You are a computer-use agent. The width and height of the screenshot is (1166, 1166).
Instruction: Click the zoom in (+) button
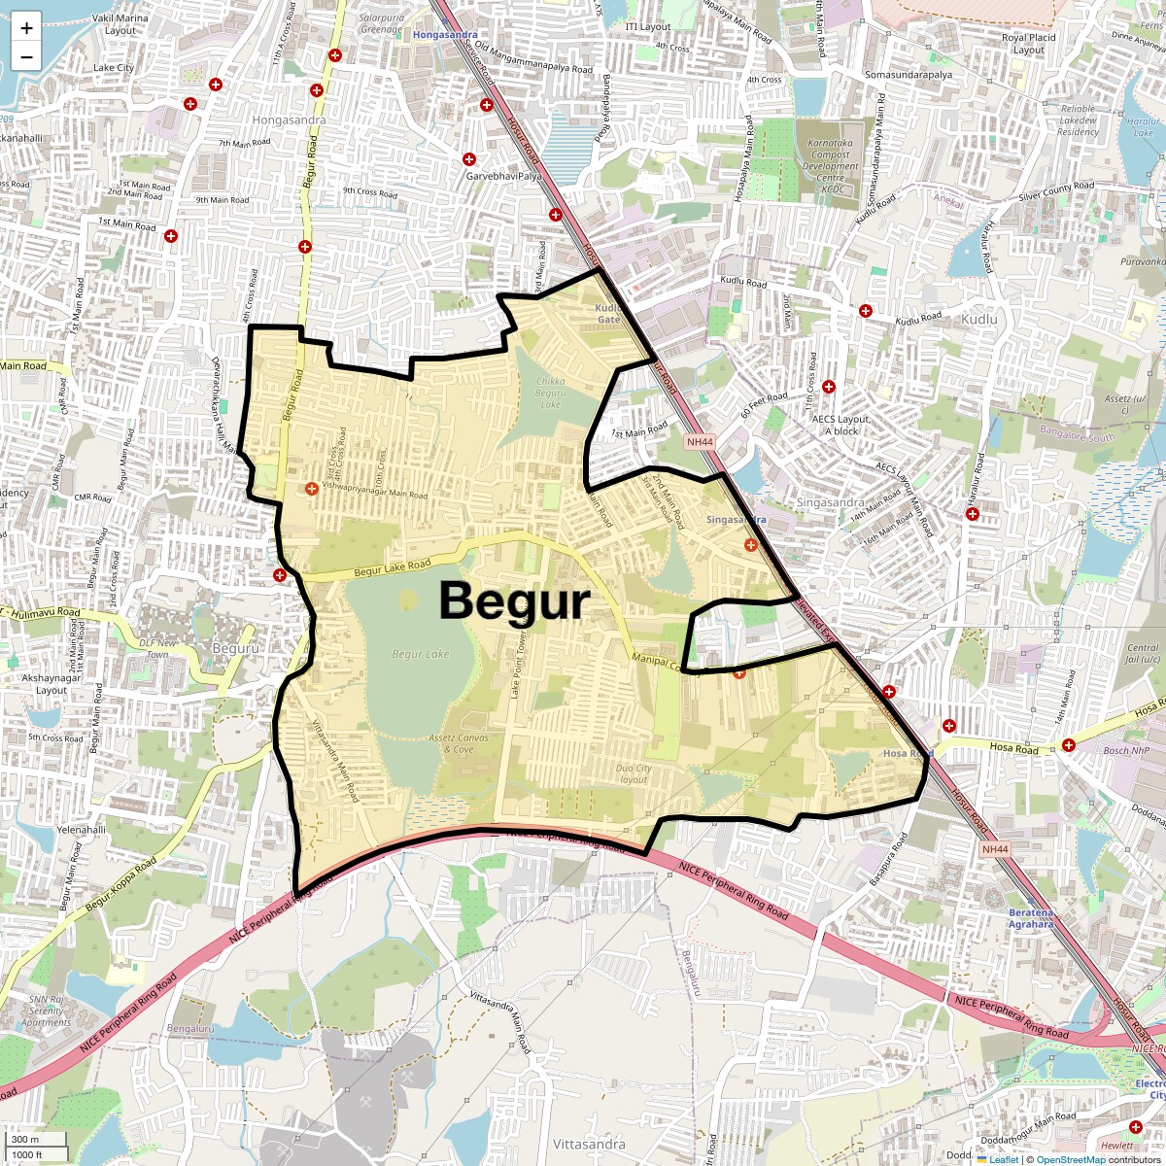[26, 28]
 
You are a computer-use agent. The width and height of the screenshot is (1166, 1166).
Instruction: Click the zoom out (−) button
[26, 57]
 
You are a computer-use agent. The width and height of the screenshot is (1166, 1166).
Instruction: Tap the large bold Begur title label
[514, 600]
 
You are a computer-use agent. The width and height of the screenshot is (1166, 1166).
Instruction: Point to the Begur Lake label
[421, 654]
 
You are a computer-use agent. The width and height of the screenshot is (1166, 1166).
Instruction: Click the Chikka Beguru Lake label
[550, 393]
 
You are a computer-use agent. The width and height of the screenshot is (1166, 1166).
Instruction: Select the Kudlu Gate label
[608, 314]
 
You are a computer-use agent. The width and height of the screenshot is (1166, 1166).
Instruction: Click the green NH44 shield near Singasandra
[699, 442]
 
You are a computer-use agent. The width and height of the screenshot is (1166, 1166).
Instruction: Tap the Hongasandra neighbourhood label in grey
[289, 120]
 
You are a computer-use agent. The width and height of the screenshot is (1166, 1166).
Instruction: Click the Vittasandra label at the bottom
[588, 1144]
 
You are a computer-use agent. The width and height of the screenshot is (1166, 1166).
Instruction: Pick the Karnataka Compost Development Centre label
[830, 166]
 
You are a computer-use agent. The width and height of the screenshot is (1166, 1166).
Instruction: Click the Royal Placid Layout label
[1028, 44]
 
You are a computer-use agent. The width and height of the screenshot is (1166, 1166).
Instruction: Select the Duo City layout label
[634, 773]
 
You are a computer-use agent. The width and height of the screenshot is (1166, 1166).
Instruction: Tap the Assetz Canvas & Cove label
[459, 743]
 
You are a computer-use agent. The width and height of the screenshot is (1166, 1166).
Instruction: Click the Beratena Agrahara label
[1031, 918]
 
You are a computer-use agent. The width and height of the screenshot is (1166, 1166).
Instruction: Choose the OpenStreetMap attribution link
[1071, 1159]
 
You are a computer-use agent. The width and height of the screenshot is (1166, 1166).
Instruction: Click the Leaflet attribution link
[1003, 1159]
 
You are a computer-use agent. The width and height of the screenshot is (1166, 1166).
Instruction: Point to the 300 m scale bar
[37, 1140]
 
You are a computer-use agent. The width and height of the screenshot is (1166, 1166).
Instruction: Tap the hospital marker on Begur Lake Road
[280, 575]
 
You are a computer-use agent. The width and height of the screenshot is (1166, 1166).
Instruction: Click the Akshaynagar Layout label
[51, 684]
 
